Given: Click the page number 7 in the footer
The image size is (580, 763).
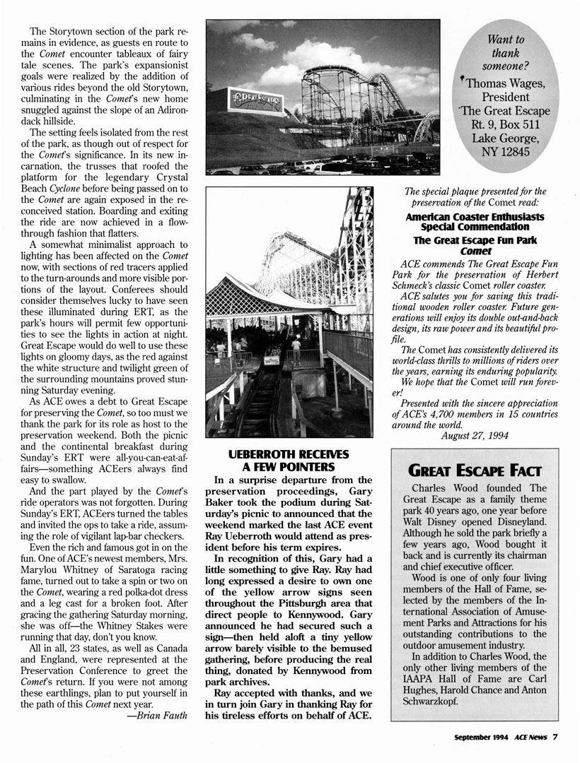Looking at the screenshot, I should coord(556,736).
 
